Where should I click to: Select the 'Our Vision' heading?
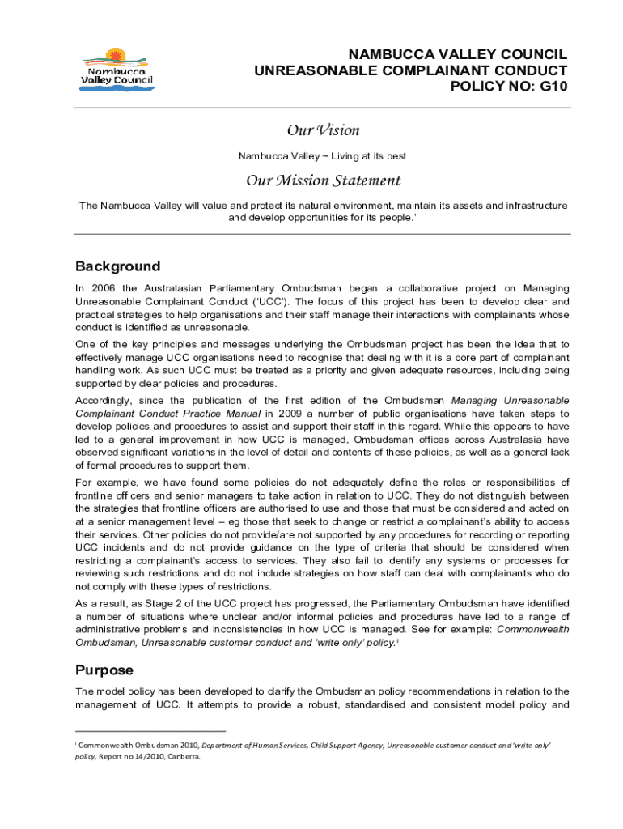(x=323, y=130)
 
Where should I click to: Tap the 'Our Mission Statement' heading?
(x=323, y=181)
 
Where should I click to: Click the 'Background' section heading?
(x=117, y=266)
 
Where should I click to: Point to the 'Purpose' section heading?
(x=104, y=670)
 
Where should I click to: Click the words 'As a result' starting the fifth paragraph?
(x=101, y=603)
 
